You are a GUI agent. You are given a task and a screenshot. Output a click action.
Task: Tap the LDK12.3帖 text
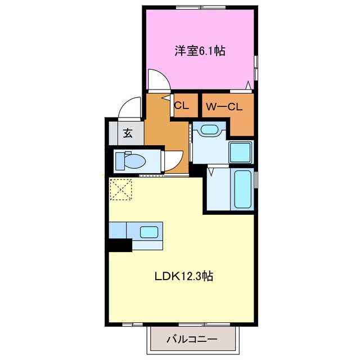point(183,277)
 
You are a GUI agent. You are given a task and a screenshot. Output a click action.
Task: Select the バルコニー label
point(192,339)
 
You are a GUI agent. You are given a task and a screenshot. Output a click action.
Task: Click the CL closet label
point(181,105)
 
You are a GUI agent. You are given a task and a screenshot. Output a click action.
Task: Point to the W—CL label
point(223,107)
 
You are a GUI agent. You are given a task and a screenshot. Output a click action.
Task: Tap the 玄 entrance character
point(128,134)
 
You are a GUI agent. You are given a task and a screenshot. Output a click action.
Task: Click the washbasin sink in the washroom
point(209,130)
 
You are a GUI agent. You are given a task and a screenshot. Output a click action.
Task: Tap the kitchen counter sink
point(149,231)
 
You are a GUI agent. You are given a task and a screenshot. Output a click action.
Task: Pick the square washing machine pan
point(241,151)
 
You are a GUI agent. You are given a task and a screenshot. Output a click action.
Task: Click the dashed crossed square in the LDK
point(120,189)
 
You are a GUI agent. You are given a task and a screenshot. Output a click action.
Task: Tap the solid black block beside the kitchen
point(119,245)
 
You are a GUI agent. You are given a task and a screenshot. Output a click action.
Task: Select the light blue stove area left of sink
point(118,230)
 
